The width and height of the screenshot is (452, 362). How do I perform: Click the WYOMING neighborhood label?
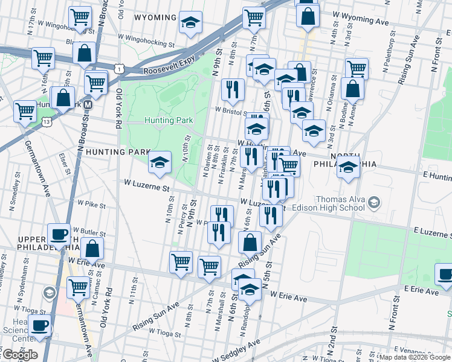pyautogui.click(x=155, y=17)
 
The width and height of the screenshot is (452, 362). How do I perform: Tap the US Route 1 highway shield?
pyautogui.click(x=120, y=71)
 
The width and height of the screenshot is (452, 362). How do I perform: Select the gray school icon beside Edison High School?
pyautogui.click(x=374, y=202)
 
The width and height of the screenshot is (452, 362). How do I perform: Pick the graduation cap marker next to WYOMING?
pyautogui.click(x=191, y=24)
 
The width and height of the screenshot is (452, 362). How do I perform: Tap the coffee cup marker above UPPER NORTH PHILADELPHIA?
pyautogui.click(x=59, y=234)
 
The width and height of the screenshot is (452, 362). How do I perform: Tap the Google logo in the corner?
pyautogui.click(x=19, y=355)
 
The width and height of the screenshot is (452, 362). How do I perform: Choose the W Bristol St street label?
pyautogui.click(x=231, y=111)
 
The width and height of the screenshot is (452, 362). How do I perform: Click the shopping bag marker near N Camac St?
pyautogui.click(x=92, y=249)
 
